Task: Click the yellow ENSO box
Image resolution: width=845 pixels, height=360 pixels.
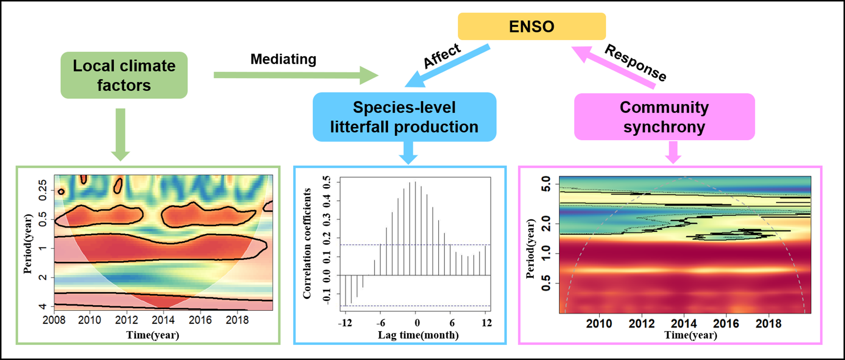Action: tap(532, 27)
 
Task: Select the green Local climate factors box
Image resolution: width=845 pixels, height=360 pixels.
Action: tap(124, 75)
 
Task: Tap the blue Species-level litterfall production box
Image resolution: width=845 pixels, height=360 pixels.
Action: tap(404, 117)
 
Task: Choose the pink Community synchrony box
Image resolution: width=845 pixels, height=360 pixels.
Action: tap(664, 117)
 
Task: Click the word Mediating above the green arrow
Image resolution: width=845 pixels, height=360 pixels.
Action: tap(283, 59)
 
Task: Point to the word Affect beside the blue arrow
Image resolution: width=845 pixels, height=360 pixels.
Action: tap(442, 56)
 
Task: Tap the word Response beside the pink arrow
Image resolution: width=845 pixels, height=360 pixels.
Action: tap(636, 62)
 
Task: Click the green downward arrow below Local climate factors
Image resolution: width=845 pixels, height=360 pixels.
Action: tap(120, 134)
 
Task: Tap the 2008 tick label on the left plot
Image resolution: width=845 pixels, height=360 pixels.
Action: tap(54, 320)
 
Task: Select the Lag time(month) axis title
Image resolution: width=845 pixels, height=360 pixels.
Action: tap(418, 335)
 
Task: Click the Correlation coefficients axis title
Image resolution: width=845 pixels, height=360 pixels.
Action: tap(307, 244)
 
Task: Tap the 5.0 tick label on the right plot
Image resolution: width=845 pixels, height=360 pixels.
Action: tap(546, 184)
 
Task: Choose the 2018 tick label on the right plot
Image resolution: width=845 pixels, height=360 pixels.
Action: tap(768, 324)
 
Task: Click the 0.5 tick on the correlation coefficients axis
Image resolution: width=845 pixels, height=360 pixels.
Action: tap(327, 182)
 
